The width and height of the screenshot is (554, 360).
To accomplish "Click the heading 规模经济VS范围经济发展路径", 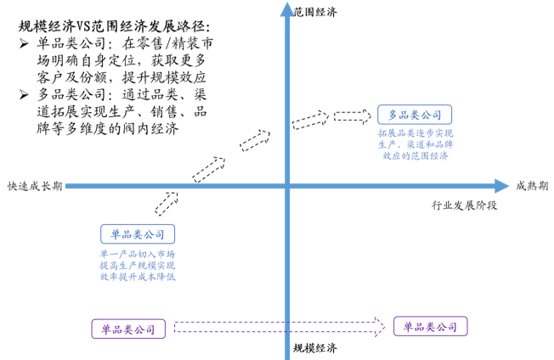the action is [x=114, y=26].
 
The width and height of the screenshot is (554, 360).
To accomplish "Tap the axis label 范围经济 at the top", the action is [x=315, y=12].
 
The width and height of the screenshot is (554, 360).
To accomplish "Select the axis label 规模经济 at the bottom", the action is [x=315, y=348].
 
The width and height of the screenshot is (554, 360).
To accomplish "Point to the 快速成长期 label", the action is [x=35, y=186].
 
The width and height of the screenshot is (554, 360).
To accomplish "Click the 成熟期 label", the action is [x=532, y=186].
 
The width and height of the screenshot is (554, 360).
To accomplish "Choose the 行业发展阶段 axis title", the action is [x=464, y=205].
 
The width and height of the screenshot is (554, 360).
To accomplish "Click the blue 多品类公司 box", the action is [x=415, y=115].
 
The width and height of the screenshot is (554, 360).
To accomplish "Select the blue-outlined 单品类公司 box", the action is [x=138, y=234].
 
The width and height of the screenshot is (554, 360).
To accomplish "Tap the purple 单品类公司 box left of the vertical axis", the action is [x=128, y=329].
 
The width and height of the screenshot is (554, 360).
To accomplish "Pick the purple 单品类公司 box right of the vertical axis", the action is [x=430, y=327].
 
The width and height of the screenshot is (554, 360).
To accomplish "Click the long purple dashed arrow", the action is [x=280, y=327].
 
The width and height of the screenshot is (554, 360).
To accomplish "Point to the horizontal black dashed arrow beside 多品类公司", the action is [x=353, y=116].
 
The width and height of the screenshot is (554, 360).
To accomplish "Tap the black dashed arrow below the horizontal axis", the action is [x=167, y=204].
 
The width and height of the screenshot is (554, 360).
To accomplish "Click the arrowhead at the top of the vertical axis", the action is [x=287, y=9].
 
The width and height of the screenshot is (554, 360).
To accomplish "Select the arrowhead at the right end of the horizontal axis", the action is [x=501, y=186].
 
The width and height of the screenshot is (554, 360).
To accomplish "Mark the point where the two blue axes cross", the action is [x=287, y=186].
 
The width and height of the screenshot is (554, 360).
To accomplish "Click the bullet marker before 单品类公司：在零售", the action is [x=24, y=44].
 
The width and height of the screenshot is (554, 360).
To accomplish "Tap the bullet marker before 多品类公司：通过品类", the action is [x=24, y=94].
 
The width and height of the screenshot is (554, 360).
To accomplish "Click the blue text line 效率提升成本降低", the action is [x=138, y=276].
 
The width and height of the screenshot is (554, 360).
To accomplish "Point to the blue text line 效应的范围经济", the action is [x=415, y=155].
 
